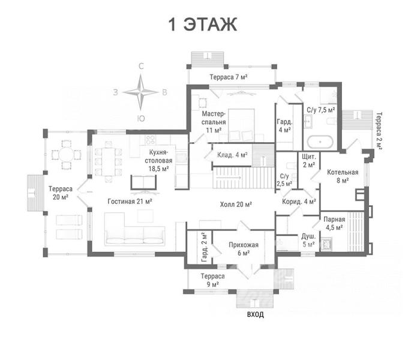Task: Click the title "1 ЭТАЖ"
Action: [203, 25]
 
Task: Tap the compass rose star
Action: [141, 92]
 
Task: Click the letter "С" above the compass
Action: [141, 67]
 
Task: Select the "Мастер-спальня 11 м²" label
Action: [214, 122]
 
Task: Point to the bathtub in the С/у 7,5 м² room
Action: [320, 142]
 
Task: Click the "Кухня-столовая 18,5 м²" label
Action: [158, 160]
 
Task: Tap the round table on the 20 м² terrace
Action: [67, 155]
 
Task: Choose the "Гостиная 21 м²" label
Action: [130, 201]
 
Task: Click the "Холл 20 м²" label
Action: [236, 204]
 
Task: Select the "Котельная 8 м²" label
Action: [343, 176]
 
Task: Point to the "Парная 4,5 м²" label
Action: [334, 223]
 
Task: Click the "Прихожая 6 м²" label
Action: [244, 248]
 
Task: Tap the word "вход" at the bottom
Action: [256, 314]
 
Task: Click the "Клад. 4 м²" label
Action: [232, 155]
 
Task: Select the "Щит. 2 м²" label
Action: [309, 161]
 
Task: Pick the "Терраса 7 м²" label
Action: [229, 77]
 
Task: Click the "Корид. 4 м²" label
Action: [299, 202]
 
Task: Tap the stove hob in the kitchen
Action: [150, 140]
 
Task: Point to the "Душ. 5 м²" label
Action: [308, 240]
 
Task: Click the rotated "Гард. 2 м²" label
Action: [205, 247]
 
